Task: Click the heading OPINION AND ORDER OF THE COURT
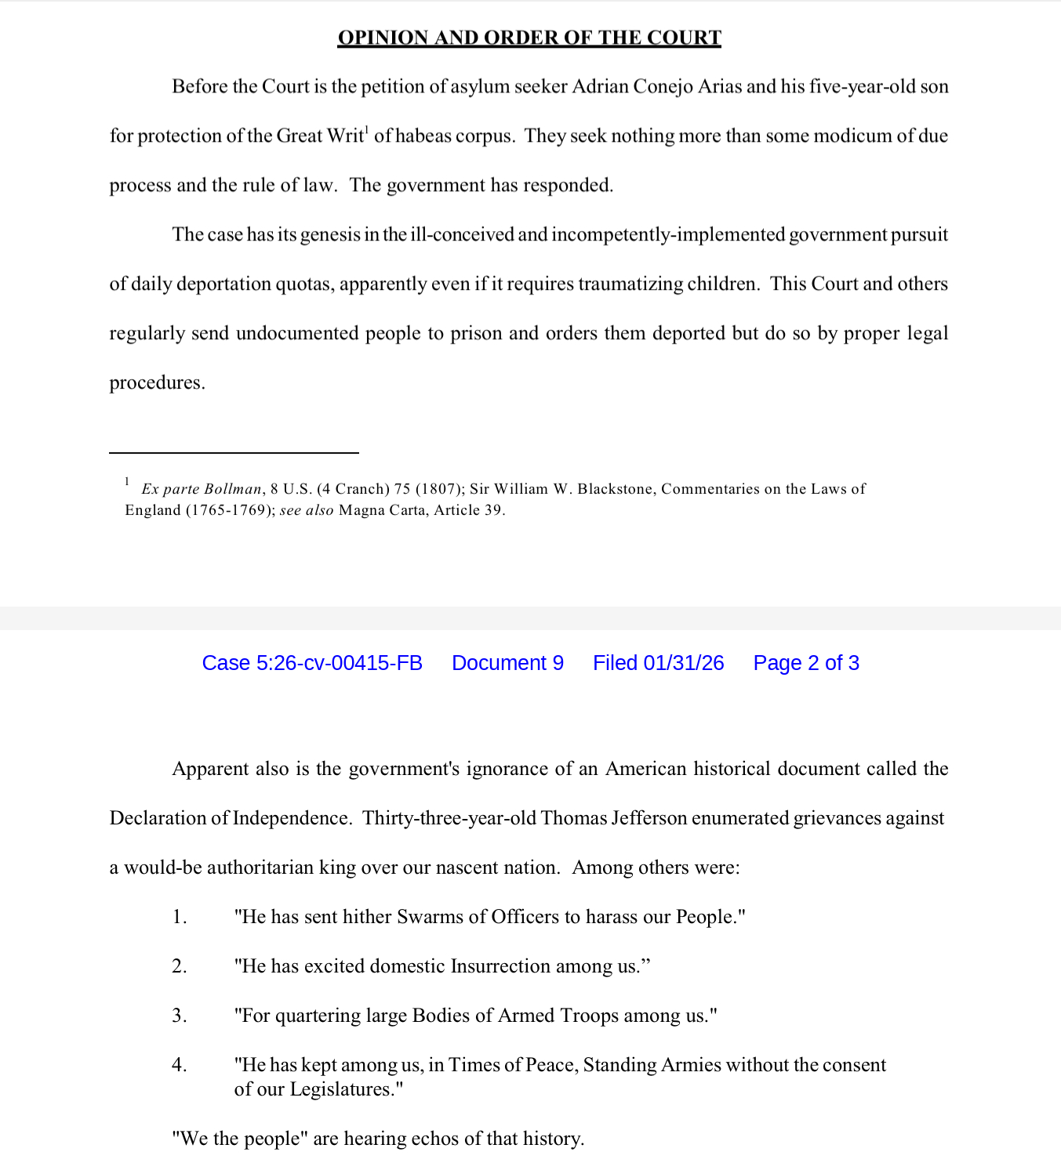(x=529, y=38)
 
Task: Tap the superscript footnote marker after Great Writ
(x=367, y=129)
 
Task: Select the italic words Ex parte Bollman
(x=202, y=489)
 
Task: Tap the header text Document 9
(x=507, y=663)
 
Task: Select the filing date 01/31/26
(x=683, y=663)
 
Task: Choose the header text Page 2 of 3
(x=805, y=663)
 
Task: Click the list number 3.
(x=179, y=1016)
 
